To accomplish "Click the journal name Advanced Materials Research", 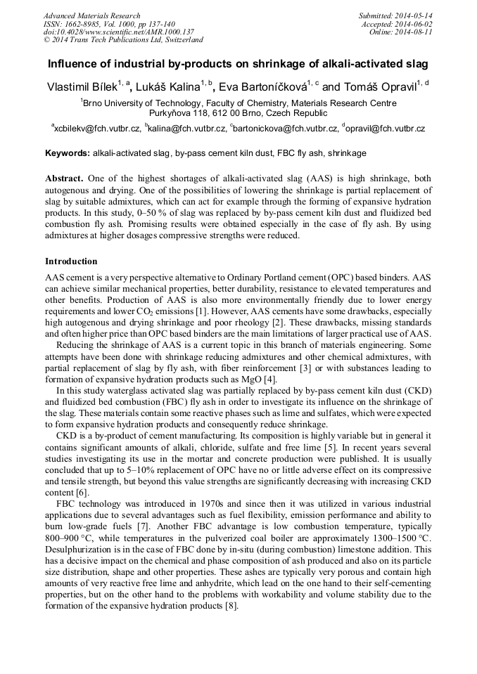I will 91,15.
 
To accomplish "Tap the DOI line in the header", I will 118,32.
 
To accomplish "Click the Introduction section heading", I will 71,261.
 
